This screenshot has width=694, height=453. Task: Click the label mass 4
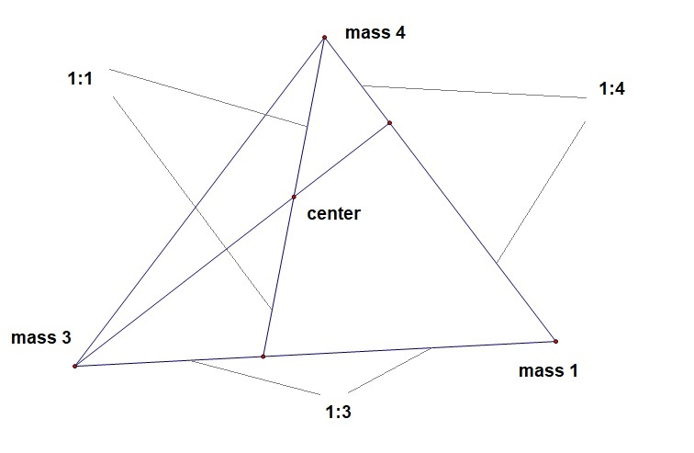(x=375, y=33)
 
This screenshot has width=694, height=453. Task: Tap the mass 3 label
(x=41, y=337)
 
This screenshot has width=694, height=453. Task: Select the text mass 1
(x=549, y=371)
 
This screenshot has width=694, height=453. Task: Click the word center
(x=335, y=214)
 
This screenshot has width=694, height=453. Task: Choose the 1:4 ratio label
(x=613, y=89)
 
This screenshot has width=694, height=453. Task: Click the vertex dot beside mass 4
(x=324, y=38)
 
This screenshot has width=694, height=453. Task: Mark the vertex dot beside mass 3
(x=74, y=366)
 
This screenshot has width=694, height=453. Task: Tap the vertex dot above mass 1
(x=556, y=341)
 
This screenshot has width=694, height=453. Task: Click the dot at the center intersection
(x=294, y=197)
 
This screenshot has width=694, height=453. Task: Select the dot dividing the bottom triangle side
(x=263, y=356)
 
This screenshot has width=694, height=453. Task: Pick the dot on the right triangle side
(x=389, y=123)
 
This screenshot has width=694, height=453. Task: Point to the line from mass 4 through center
(x=278, y=276)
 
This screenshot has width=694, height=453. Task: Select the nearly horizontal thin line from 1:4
(x=473, y=91)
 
